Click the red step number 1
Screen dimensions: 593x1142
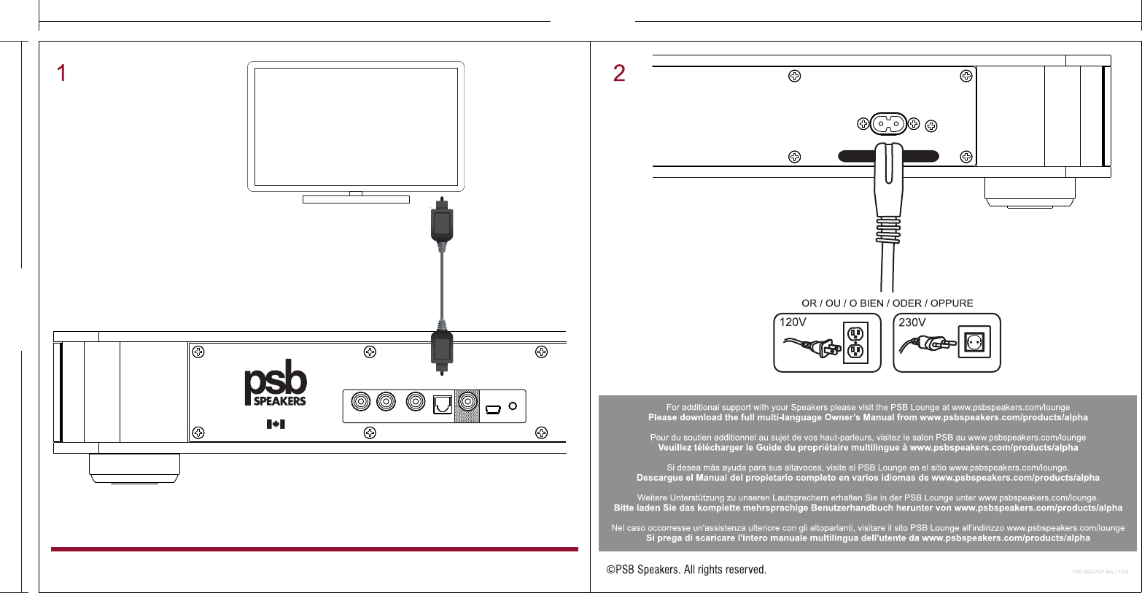[x=62, y=73]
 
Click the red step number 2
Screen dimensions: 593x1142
[x=619, y=73]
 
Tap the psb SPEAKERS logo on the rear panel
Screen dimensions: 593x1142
[x=275, y=383]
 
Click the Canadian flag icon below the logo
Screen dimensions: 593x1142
[x=276, y=424]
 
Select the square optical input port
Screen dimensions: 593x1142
[x=443, y=404]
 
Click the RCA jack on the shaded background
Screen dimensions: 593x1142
[x=467, y=402]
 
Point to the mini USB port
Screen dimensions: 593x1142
[x=493, y=408]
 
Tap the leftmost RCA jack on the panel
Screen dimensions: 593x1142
[x=360, y=402]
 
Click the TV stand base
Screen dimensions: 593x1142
[x=356, y=199]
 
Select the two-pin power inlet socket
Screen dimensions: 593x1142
[x=886, y=124]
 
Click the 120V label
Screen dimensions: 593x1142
[x=793, y=322]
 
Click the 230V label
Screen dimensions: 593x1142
[x=912, y=322]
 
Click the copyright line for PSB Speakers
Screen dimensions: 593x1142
[x=686, y=570]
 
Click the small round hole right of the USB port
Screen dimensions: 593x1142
[x=513, y=406]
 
